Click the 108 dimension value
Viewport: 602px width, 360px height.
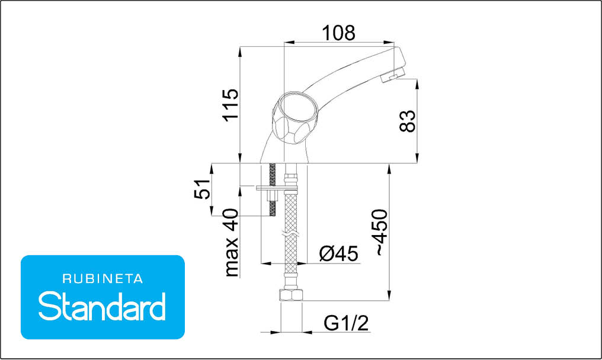[x=338, y=33]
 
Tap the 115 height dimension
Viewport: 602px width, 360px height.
[x=231, y=105]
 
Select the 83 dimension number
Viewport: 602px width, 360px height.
[x=407, y=121]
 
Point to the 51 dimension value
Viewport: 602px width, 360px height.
[x=202, y=189]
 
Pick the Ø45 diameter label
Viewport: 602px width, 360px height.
[x=339, y=253]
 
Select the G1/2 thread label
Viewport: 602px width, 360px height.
[x=346, y=323]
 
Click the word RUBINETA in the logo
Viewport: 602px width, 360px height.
[x=103, y=279]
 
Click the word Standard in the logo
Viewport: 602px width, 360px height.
[x=102, y=306]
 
